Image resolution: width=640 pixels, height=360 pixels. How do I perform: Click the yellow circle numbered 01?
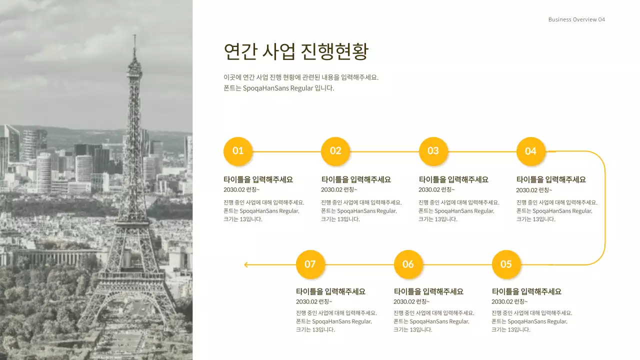pyautogui.click(x=238, y=151)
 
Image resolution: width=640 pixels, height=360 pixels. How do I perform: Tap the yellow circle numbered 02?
pyautogui.click(x=335, y=151)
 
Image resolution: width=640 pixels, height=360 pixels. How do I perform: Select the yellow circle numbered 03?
pyautogui.click(x=433, y=151)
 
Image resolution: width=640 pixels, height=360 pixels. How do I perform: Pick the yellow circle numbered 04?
pyautogui.click(x=530, y=151)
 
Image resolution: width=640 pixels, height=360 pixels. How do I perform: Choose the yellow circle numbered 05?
pyautogui.click(x=506, y=264)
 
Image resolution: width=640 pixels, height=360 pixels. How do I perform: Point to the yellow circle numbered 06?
pyautogui.click(x=408, y=264)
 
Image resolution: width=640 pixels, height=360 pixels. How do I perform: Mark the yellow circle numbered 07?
pyautogui.click(x=310, y=264)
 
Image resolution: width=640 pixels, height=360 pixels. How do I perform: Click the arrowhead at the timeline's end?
pyautogui.click(x=246, y=264)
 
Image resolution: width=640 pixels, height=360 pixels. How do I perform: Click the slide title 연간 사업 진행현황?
pyautogui.click(x=296, y=52)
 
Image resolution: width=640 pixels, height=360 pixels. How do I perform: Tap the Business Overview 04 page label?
pyautogui.click(x=576, y=19)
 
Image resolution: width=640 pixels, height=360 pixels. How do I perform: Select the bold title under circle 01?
pyautogui.click(x=258, y=179)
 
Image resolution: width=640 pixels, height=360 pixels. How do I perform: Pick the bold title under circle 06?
pyautogui.click(x=428, y=291)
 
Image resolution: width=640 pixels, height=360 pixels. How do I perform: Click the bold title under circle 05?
pyautogui.click(x=526, y=291)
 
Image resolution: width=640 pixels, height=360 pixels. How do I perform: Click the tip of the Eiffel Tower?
pyautogui.click(x=134, y=36)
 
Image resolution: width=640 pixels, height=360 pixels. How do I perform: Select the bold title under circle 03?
pyautogui.click(x=453, y=179)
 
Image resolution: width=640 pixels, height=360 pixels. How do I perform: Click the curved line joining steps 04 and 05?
pyautogui.click(x=604, y=207)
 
